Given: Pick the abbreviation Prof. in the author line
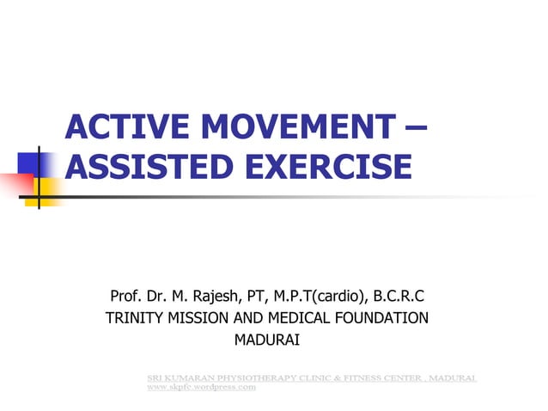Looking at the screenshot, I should pos(128,298).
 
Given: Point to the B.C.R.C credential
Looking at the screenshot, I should pos(399,298).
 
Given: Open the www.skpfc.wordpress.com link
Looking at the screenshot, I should pos(201,388).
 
